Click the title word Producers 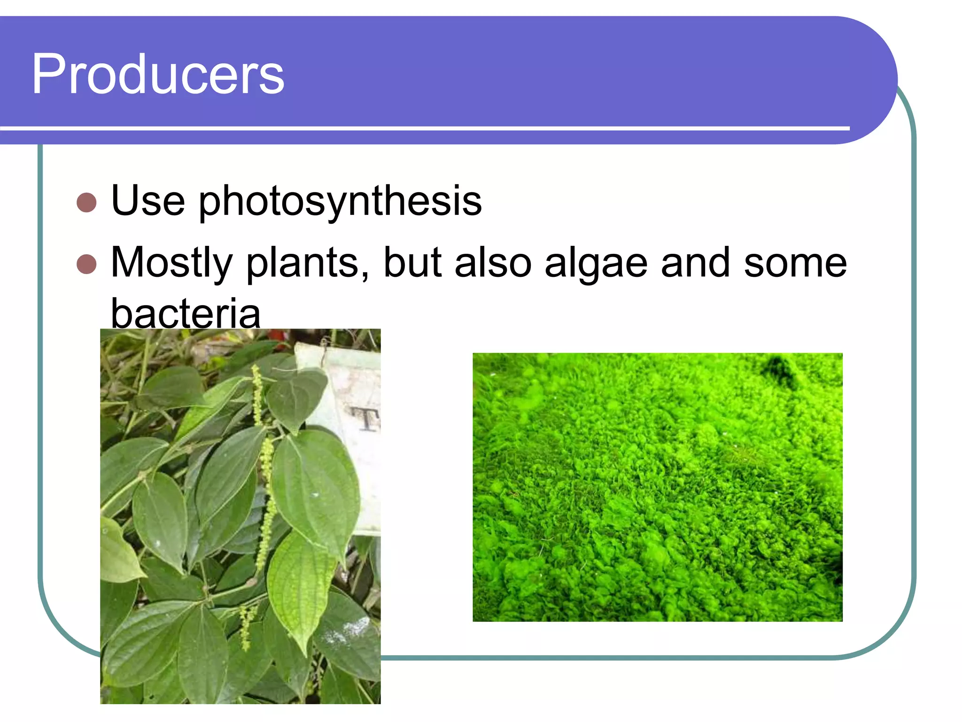coord(158,74)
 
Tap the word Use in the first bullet coord(148,201)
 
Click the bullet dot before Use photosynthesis coord(86,203)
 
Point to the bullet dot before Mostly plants coord(86,264)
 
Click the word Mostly coord(171,263)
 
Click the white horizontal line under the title coord(423,128)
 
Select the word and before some coord(695,263)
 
